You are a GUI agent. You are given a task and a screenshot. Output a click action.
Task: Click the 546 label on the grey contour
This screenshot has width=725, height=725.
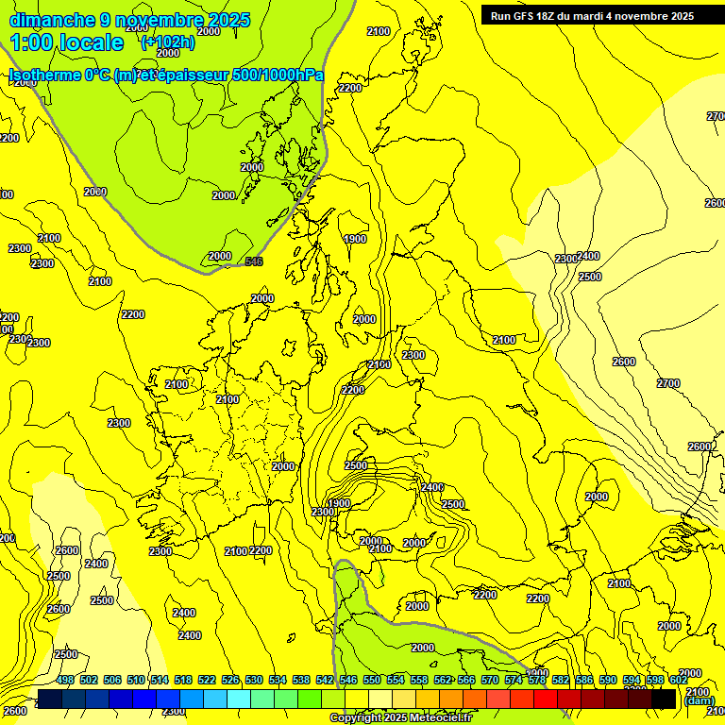click(x=254, y=261)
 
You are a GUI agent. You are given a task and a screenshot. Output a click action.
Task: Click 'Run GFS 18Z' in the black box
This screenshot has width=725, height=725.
click(x=526, y=16)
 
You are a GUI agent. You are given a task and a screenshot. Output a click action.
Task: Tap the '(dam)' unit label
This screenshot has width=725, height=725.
click(x=699, y=700)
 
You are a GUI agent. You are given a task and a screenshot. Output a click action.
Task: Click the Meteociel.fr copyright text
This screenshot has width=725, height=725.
click(x=400, y=718)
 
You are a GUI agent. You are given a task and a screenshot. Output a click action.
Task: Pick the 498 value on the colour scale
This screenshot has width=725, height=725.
click(x=65, y=681)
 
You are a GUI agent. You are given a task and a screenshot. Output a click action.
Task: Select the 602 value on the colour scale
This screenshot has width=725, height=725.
click(x=679, y=681)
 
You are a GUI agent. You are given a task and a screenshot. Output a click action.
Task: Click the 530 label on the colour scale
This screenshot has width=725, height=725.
click(x=254, y=681)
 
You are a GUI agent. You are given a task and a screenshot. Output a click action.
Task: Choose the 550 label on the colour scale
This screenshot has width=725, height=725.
click(x=372, y=681)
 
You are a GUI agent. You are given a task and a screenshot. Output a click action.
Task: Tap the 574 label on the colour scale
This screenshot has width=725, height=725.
click(x=514, y=681)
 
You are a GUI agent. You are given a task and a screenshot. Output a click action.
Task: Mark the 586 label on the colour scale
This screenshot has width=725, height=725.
click(x=584, y=681)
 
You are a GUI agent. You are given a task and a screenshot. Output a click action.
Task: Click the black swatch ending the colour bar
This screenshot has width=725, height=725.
click(x=664, y=699)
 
